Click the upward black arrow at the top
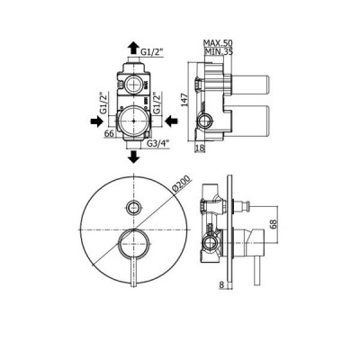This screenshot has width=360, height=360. (132, 49)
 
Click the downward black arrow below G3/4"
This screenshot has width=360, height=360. (133, 157)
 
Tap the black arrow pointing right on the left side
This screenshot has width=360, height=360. (96, 121)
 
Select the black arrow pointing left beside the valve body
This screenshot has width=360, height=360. (172, 121)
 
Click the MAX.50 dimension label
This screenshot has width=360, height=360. (218, 42)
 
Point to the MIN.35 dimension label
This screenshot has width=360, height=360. (219, 51)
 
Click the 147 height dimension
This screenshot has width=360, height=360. (185, 101)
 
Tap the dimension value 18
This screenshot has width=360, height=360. (200, 148)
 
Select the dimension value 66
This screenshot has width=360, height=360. (110, 133)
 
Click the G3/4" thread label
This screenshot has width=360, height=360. (158, 143)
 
